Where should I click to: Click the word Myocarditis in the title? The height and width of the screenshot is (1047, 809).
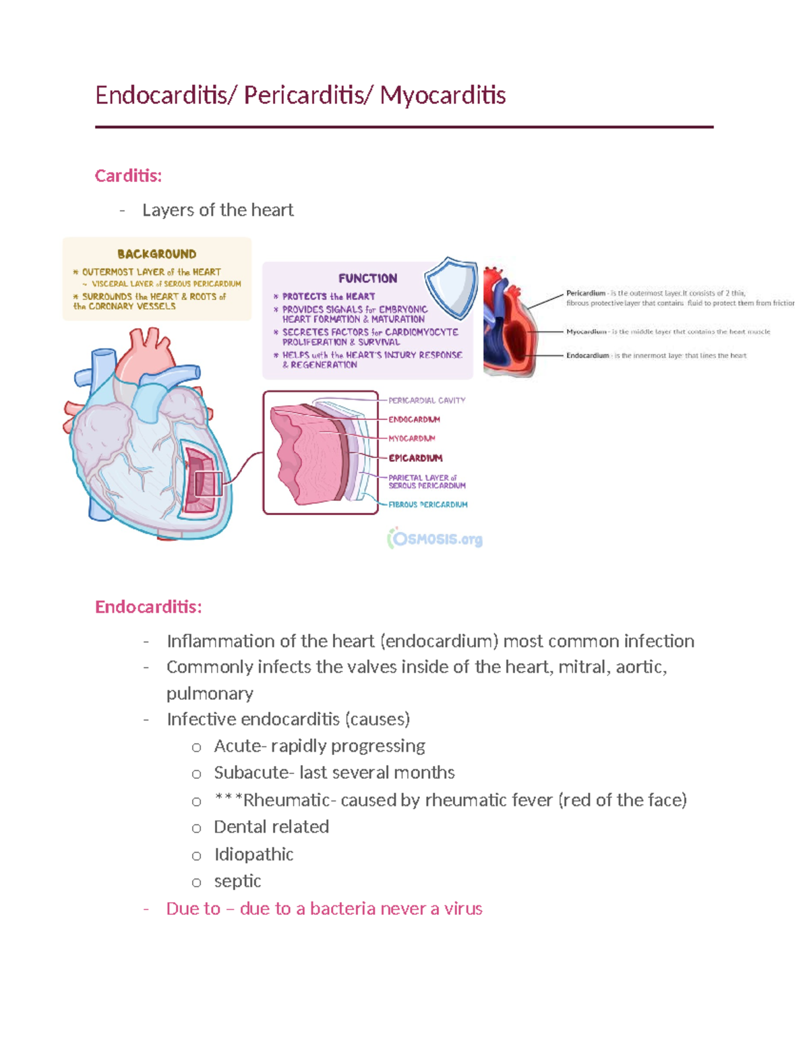pos(442,95)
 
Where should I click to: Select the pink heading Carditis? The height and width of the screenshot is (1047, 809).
pos(128,176)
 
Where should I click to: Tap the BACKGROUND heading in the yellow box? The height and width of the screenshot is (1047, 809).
pos(156,254)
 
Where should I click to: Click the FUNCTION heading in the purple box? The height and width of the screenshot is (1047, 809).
pos(367,278)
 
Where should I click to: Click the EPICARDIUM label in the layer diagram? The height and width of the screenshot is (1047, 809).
pos(415,458)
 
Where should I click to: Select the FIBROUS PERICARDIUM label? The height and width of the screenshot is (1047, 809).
pos(427,504)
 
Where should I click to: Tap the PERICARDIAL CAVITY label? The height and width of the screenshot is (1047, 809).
pos(427,400)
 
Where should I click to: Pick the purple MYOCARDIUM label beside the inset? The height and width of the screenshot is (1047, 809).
pos(412,438)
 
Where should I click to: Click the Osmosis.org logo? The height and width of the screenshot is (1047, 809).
pos(436,539)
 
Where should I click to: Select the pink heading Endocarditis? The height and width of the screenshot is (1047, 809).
pos(148,607)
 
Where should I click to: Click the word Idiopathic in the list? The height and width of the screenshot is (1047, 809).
pos(253,854)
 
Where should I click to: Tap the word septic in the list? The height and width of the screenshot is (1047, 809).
pos(237,881)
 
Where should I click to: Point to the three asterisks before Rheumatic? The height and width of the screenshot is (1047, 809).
pos(228,800)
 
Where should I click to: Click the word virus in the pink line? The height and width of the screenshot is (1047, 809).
pos(463,909)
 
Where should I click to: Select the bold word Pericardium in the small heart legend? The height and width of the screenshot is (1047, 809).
pos(585,293)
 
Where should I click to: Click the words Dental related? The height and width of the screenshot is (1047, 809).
pos(271,827)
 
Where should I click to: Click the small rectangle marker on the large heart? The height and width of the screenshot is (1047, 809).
pos(208,484)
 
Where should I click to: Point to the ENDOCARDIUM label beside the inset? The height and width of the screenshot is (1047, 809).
pos(414,419)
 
